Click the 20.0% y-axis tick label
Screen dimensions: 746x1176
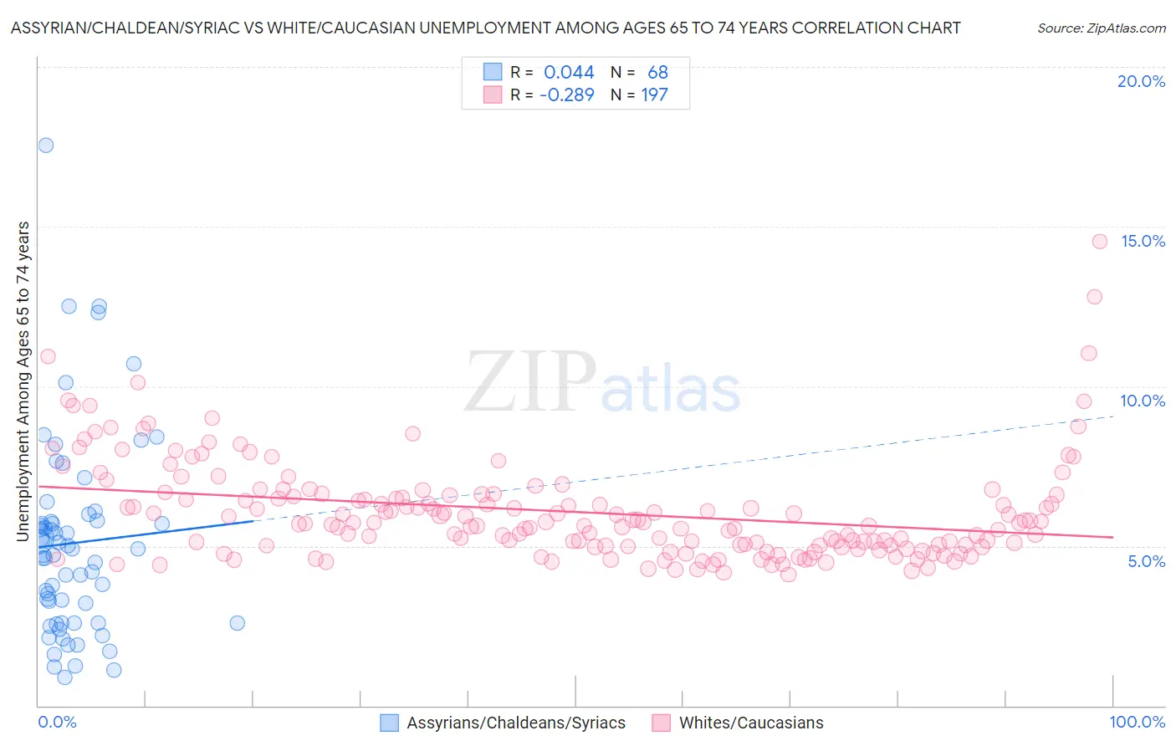click(x=1141, y=81)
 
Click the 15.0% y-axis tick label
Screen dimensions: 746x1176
click(x=1143, y=241)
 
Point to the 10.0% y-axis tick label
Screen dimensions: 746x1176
click(x=1143, y=401)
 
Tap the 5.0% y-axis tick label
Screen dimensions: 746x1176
click(x=1146, y=561)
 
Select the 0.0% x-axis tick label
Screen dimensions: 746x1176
click(x=57, y=722)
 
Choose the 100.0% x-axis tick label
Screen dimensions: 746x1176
click(x=1137, y=722)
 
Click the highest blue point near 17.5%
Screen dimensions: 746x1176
click(x=45, y=146)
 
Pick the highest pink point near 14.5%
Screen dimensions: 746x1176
click(x=1100, y=242)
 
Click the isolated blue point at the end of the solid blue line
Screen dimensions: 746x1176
click(x=237, y=623)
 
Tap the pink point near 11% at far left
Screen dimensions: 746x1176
click(x=48, y=356)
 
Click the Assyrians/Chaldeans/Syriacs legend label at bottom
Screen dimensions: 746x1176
click(x=515, y=723)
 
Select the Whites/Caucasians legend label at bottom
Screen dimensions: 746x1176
click(x=750, y=723)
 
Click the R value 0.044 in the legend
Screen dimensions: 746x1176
click(x=569, y=73)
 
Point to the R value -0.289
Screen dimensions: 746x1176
click(x=566, y=95)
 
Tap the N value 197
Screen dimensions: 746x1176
click(x=654, y=95)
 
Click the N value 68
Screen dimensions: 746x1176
click(x=657, y=73)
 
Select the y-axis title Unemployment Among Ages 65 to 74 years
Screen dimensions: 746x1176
click(x=23, y=381)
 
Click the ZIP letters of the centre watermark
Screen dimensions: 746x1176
click(x=529, y=383)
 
